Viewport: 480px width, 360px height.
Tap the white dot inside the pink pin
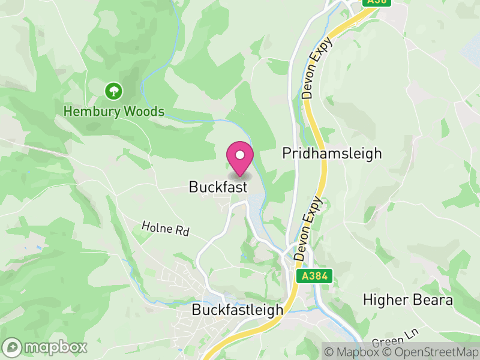point(240,155)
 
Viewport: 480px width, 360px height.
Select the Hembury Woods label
point(114,112)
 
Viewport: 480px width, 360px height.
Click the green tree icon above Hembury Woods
point(113,91)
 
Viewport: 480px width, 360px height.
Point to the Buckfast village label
point(218,187)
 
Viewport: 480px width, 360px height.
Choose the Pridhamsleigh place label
point(332,153)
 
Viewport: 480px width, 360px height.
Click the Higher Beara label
point(408,299)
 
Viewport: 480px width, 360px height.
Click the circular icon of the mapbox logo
point(13,347)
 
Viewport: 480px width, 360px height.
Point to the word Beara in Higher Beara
point(432,299)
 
